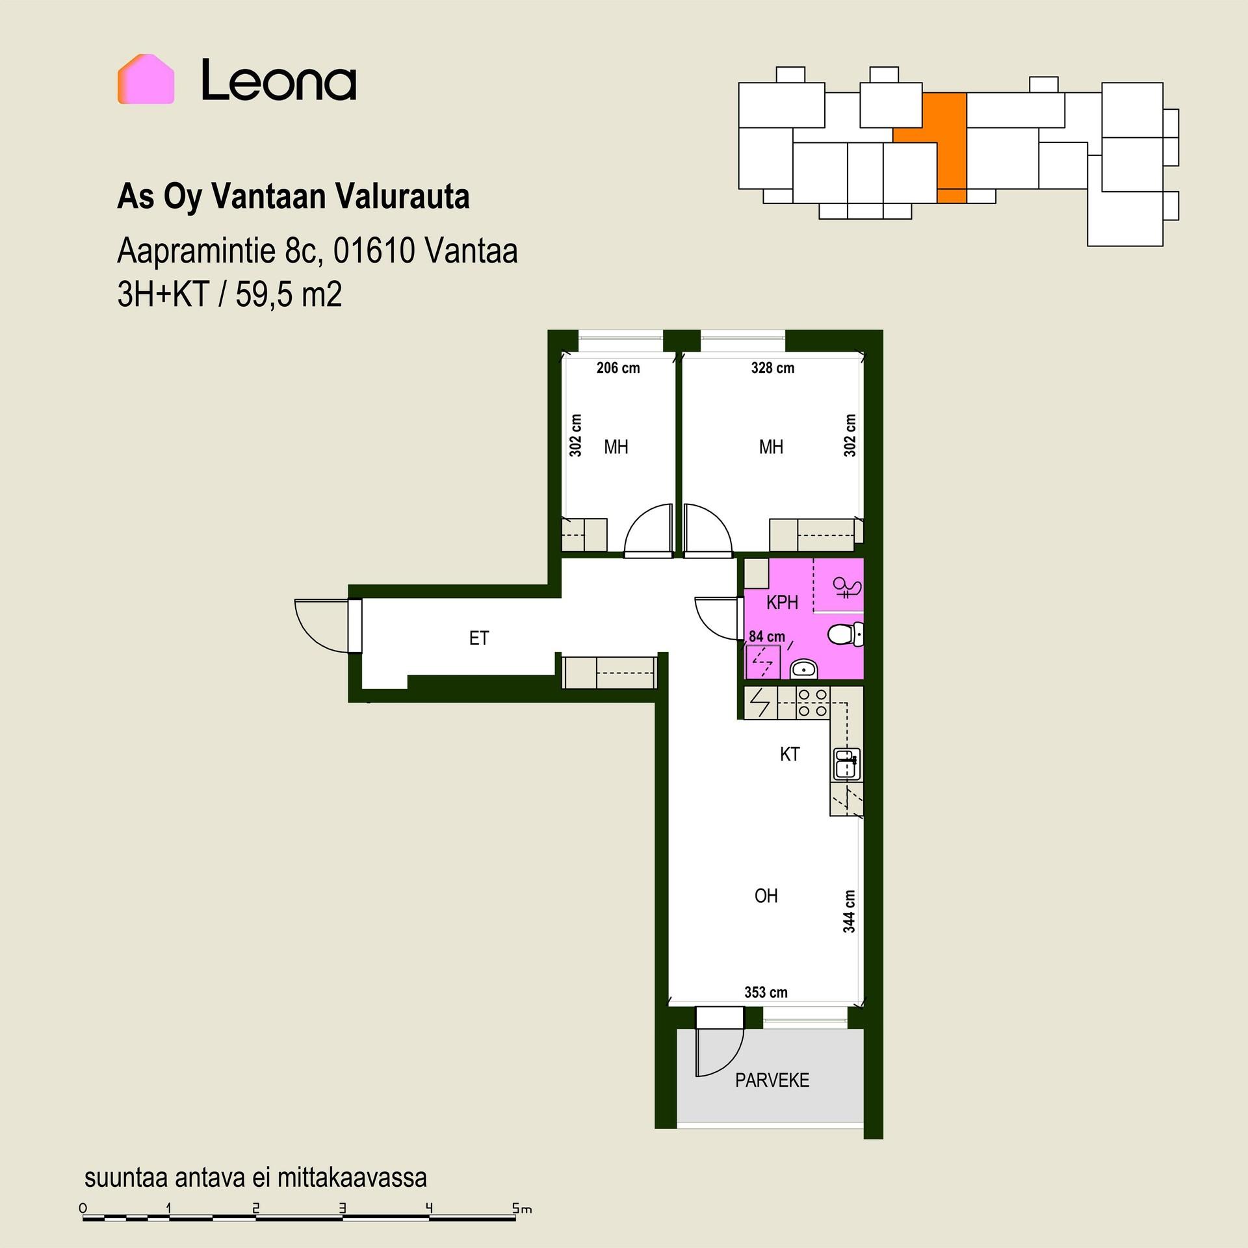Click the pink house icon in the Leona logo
[x=146, y=79]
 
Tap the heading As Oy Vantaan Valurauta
[x=293, y=197]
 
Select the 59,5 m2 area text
[x=289, y=295]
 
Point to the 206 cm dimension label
[x=618, y=369]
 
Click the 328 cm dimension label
[x=773, y=369]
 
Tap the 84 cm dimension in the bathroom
[x=767, y=636]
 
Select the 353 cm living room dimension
[x=766, y=993]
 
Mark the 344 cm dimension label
[x=849, y=911]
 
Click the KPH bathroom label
[x=782, y=603]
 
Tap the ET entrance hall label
[x=479, y=638]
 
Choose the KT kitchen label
[x=790, y=754]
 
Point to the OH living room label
[x=766, y=896]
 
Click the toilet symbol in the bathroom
[x=846, y=633]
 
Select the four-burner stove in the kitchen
[x=813, y=703]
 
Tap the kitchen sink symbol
[x=847, y=764]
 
